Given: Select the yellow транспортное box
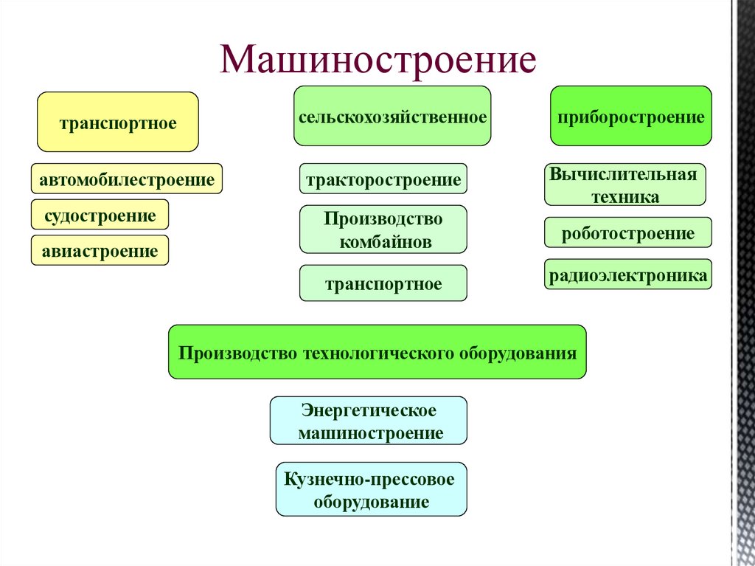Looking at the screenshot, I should (118, 122).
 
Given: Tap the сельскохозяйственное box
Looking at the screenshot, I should (392, 117).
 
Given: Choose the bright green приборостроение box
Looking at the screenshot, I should (630, 117).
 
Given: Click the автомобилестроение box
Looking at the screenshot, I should (127, 179).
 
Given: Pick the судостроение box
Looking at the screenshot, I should (100, 215).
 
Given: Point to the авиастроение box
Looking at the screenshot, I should (100, 252).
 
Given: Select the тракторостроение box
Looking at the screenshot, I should (383, 179).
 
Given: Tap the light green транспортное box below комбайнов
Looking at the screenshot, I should (383, 284).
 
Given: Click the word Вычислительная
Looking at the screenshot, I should (624, 176).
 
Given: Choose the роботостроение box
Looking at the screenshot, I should (628, 233).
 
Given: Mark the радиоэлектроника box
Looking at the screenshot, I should (628, 276).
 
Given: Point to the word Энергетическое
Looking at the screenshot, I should (369, 410).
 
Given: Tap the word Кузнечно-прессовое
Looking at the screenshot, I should (371, 479).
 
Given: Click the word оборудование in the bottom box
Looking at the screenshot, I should (371, 503).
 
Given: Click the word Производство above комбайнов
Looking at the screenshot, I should (383, 219).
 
